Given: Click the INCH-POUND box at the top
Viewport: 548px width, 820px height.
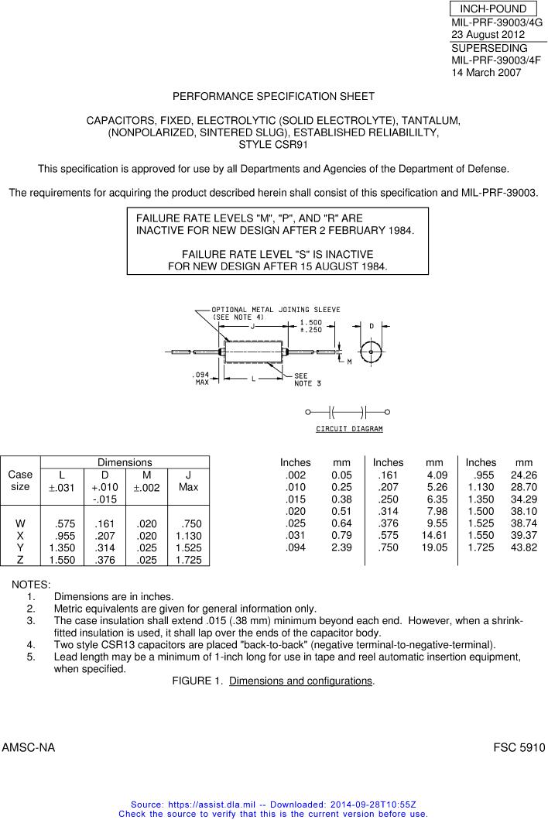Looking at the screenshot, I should (492, 9).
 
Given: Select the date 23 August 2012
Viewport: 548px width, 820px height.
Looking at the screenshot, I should (488, 35).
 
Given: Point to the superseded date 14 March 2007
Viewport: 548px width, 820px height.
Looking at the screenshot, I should (486, 73).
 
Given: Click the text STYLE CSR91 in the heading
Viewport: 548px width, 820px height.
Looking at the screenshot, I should (273, 144).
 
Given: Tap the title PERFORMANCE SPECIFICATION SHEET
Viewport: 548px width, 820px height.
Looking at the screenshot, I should (273, 97).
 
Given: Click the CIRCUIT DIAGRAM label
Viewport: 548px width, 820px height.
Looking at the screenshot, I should (349, 429).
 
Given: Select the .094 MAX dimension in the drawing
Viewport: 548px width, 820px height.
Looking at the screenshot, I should (200, 379).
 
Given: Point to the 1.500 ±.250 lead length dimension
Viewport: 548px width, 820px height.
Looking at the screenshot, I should (312, 325).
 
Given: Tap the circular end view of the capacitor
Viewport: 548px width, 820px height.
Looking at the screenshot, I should (372, 352).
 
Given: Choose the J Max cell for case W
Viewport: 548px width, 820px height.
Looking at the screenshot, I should (190, 524).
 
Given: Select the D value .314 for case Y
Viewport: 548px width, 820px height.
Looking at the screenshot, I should (104, 547).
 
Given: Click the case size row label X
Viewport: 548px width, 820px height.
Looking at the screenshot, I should (20, 536).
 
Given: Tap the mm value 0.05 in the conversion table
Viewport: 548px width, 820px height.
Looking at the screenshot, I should (341, 475).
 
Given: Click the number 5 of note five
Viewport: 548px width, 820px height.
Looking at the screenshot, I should (30, 657).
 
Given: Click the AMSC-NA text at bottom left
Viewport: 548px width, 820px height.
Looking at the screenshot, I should (29, 748).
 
